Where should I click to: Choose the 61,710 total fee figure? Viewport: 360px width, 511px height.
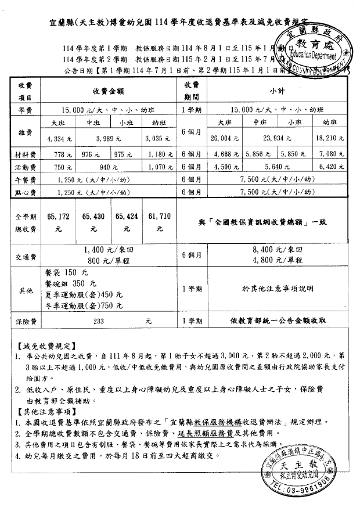tap(160, 215)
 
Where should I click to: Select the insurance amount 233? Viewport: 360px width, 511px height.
tap(99, 320)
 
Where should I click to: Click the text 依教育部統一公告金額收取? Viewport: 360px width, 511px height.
tap(277, 320)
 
